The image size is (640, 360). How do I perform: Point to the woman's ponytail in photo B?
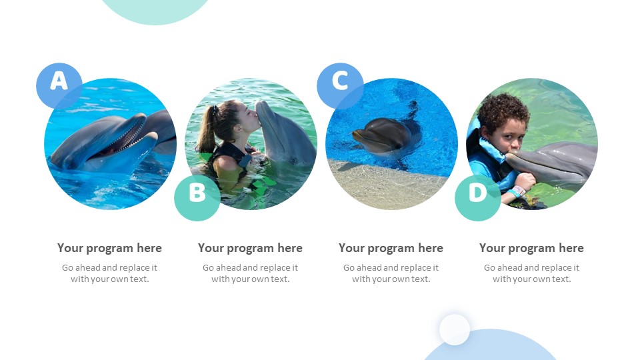pyautogui.click(x=207, y=130)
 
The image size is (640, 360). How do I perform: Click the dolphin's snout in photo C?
pyautogui.click(x=359, y=136)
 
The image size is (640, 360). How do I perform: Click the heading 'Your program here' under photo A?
pyautogui.click(x=109, y=248)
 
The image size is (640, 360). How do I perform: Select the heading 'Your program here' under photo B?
pyautogui.click(x=250, y=248)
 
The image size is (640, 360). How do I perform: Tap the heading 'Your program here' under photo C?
pyautogui.click(x=391, y=248)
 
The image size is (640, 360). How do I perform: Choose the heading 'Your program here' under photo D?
pyautogui.click(x=531, y=248)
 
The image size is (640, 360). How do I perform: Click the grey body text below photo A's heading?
pyautogui.click(x=109, y=273)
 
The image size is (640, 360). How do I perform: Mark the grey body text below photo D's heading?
pyautogui.click(x=531, y=273)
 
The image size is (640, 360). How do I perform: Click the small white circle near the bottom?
pyautogui.click(x=455, y=329)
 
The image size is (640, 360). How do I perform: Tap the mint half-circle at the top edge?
pyautogui.click(x=155, y=10)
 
